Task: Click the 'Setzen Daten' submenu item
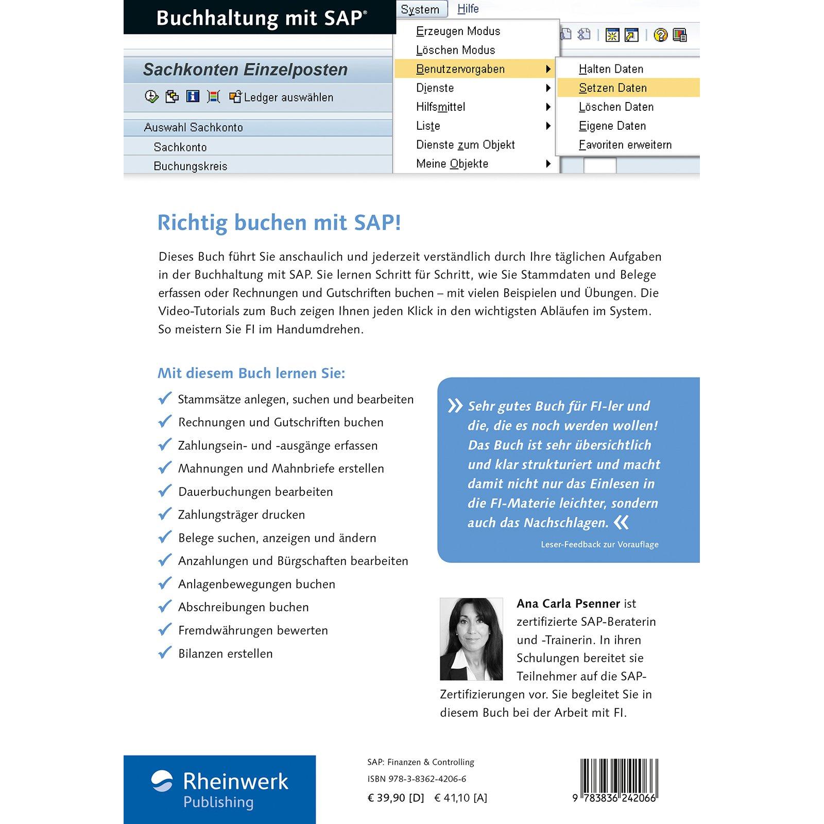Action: [612, 88]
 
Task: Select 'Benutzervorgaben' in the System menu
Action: [460, 69]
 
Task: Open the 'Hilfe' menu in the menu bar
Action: [468, 9]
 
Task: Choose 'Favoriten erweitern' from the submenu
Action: [625, 145]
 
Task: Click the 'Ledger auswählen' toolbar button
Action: [282, 97]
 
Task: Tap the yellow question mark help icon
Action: [660, 35]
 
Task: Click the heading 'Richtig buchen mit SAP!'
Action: [279, 223]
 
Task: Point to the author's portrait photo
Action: [471, 639]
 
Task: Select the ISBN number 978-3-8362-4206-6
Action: [417, 779]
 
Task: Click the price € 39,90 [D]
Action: [396, 798]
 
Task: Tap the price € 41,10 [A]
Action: [460, 798]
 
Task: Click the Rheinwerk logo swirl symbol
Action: [162, 781]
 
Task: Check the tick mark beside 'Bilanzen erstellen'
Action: [165, 653]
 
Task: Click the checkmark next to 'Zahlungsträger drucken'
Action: [165, 514]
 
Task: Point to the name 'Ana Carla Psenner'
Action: [568, 604]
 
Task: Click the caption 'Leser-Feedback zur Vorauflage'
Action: [599, 544]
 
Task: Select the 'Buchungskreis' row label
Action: [190, 166]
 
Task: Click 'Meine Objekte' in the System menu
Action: [452, 164]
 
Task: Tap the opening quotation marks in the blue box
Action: [455, 406]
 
